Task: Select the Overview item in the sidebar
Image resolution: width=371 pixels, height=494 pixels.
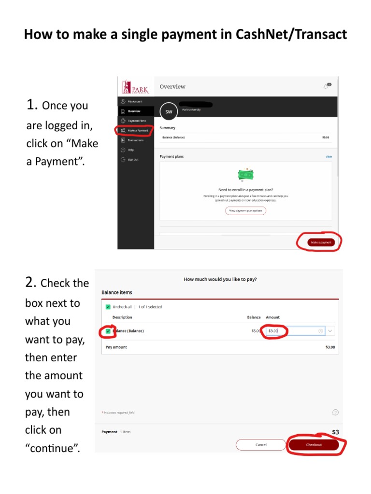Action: tap(134, 111)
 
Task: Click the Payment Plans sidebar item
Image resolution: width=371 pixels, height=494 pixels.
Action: tap(136, 121)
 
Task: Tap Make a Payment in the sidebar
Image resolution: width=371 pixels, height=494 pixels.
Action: tap(138, 130)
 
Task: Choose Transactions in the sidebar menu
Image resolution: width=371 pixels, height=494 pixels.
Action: tap(135, 140)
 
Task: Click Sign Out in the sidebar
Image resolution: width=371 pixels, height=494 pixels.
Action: tap(133, 160)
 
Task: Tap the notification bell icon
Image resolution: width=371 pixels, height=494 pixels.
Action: tap(327, 86)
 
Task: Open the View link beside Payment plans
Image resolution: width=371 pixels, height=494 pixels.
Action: tap(328, 157)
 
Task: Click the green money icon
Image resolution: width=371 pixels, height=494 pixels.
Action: tap(246, 175)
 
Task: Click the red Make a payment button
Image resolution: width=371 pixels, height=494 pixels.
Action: tap(321, 242)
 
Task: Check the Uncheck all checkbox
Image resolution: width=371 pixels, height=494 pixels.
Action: tap(108, 307)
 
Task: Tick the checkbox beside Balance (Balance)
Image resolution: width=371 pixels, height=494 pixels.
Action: tap(108, 331)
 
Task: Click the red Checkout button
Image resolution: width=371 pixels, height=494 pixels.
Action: tap(314, 445)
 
